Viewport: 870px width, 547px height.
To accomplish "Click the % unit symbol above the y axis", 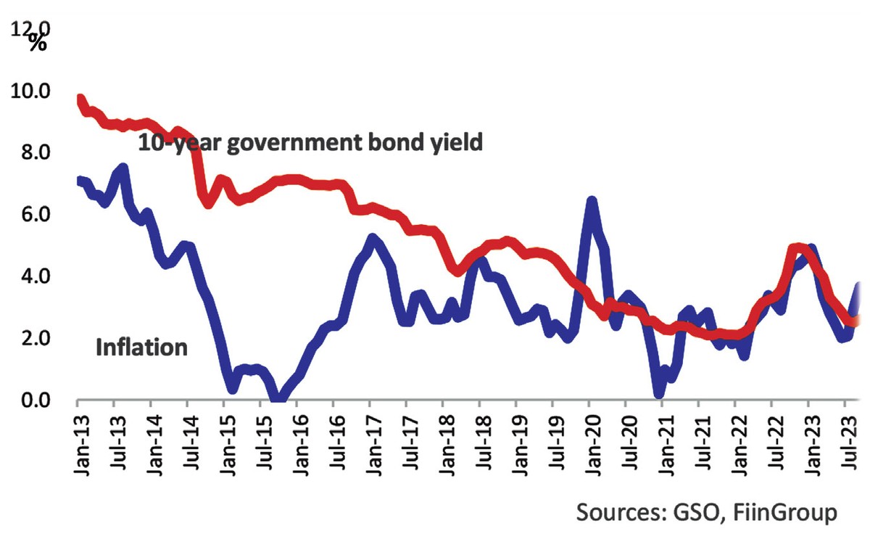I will (38, 41).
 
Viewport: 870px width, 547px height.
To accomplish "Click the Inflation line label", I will (141, 347).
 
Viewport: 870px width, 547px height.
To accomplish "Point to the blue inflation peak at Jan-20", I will (592, 201).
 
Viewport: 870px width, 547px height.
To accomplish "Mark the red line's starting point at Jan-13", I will (80, 99).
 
